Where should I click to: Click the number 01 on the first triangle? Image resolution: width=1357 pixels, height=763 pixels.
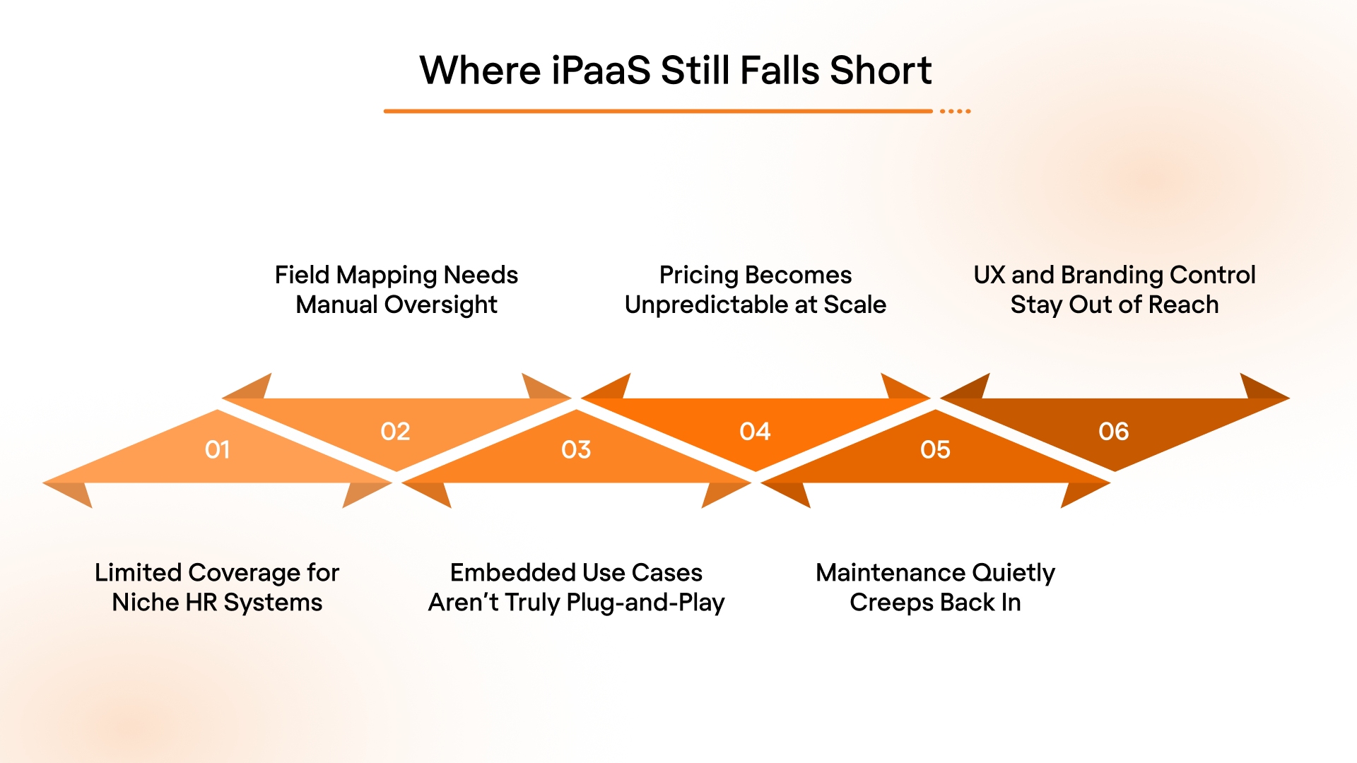[217, 449]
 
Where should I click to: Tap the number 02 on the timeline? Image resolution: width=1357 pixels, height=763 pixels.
[395, 431]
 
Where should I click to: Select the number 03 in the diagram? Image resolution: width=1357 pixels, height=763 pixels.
[576, 449]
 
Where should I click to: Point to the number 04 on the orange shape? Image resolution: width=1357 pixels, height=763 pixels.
[755, 431]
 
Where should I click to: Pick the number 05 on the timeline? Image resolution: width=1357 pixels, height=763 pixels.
[935, 449]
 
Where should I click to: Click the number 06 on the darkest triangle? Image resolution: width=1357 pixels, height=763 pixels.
[1114, 431]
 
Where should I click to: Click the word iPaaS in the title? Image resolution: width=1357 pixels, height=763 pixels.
[600, 71]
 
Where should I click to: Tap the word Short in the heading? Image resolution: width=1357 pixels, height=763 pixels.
[881, 71]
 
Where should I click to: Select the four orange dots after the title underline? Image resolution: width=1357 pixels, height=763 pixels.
[956, 111]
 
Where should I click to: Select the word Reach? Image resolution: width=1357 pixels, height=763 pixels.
[1184, 304]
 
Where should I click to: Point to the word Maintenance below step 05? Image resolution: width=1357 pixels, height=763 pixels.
[880, 572]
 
